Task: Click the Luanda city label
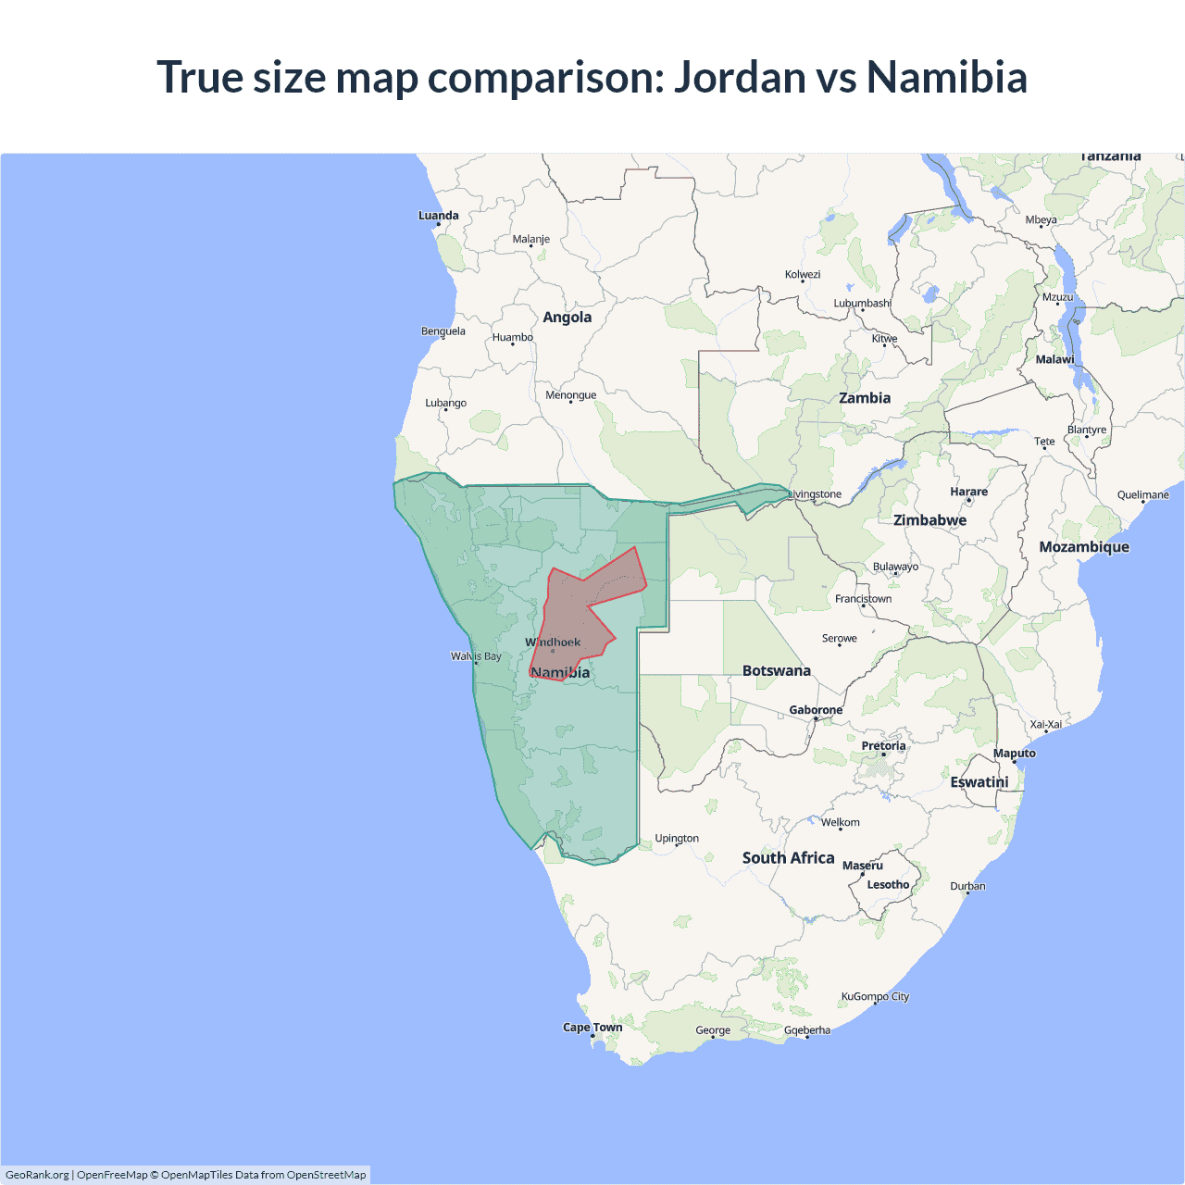(x=438, y=216)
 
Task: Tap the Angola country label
(x=567, y=318)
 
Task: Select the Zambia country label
(x=865, y=398)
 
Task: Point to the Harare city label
(x=968, y=492)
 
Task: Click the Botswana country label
(x=776, y=670)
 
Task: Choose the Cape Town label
(x=592, y=1027)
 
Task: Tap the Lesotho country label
(x=888, y=885)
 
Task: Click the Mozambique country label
(x=1084, y=547)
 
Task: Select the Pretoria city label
(x=883, y=745)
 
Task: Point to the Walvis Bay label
(x=476, y=656)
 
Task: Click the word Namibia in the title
(x=947, y=77)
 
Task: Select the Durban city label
(x=967, y=886)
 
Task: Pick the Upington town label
(x=677, y=839)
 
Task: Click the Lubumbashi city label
(x=862, y=303)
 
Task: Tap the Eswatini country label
(x=979, y=782)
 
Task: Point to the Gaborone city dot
(x=816, y=718)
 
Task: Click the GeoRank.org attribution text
(x=37, y=1175)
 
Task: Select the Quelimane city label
(x=1142, y=494)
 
